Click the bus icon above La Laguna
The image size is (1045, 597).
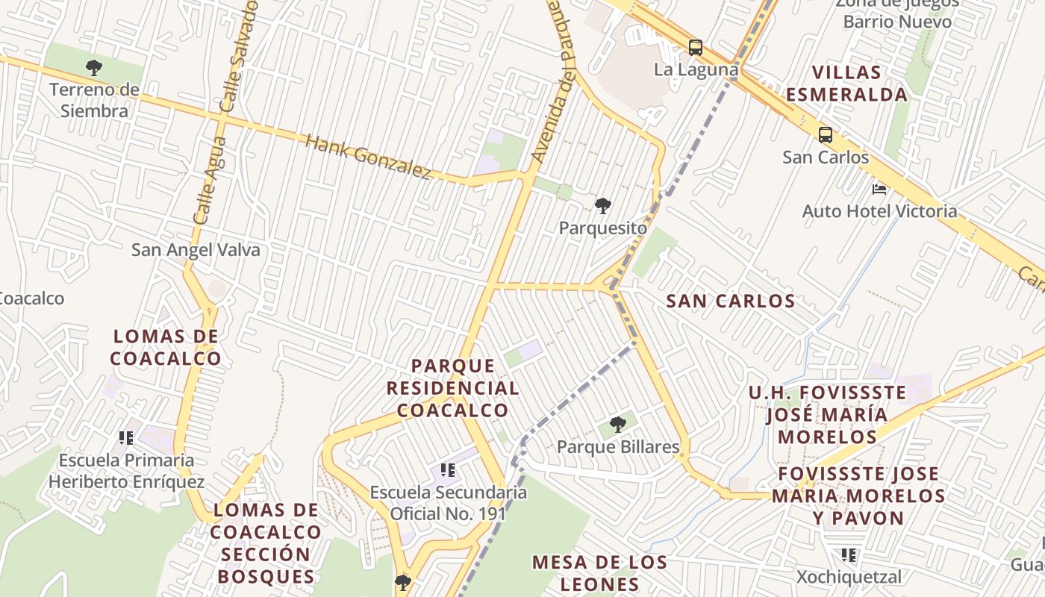[695, 48]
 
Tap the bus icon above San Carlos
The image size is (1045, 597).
[825, 135]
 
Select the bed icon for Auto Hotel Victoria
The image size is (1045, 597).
[879, 190]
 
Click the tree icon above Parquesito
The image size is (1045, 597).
[602, 206]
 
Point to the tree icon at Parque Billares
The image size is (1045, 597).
[617, 425]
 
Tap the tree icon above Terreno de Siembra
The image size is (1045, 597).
[94, 68]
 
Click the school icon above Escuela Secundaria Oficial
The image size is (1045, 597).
[448, 470]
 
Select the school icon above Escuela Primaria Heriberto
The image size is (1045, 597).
[126, 437]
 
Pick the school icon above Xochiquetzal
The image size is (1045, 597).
[849, 555]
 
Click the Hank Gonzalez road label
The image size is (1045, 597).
[369, 157]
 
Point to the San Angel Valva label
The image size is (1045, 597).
[196, 250]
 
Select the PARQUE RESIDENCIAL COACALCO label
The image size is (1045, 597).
[453, 388]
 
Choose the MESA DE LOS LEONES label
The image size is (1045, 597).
[599, 572]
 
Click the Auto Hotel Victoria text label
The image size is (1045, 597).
[879, 211]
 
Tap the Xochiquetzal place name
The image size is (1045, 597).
[849, 577]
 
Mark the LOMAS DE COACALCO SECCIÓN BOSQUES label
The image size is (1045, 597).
[266, 543]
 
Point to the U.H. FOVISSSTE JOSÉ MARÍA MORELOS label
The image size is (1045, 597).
[827, 414]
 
